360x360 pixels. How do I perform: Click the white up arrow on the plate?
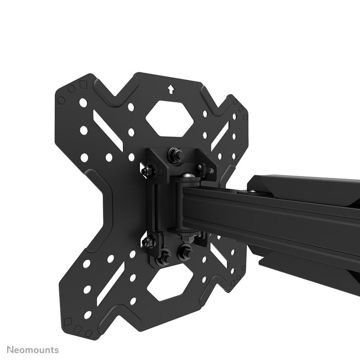coord(170,90)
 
